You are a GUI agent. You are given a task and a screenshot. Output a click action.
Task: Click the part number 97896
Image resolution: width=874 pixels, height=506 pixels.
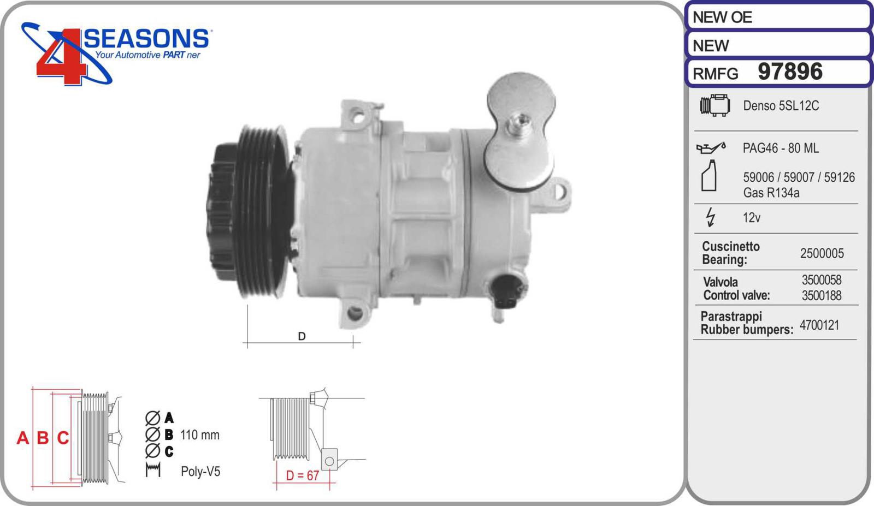tap(790, 72)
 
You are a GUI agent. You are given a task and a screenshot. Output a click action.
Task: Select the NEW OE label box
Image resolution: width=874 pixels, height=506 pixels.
tap(779, 16)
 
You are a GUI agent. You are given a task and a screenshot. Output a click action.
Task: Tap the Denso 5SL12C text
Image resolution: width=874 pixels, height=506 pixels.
tap(781, 106)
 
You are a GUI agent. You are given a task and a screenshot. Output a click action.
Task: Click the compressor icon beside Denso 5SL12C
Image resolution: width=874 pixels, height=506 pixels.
tap(715, 105)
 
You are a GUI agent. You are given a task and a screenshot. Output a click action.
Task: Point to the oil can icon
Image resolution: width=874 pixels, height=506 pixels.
tap(711, 148)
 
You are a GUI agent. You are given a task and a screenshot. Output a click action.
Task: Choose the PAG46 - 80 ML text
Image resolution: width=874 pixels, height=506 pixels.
tap(781, 148)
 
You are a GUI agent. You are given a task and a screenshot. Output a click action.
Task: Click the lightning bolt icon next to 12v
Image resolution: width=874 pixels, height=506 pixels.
tap(711, 217)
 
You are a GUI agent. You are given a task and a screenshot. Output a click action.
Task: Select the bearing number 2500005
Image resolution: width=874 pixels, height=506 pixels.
tap(822, 253)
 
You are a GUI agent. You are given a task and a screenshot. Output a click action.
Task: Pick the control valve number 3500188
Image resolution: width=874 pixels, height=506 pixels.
tap(822, 295)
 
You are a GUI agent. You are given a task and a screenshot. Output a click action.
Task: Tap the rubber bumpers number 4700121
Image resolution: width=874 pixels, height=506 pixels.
tap(819, 325)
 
